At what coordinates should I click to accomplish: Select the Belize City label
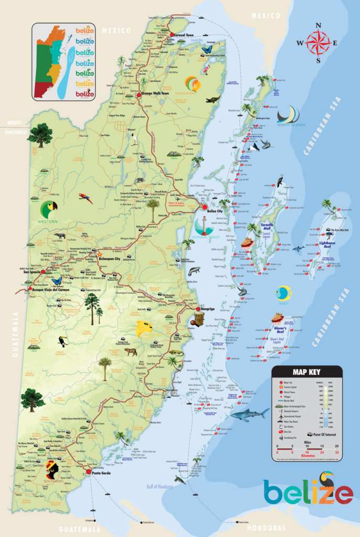point(215,211)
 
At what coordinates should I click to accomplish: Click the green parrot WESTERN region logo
point(49,211)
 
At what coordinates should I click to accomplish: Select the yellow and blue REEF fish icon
point(283,292)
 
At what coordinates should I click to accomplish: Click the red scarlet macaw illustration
point(86,198)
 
